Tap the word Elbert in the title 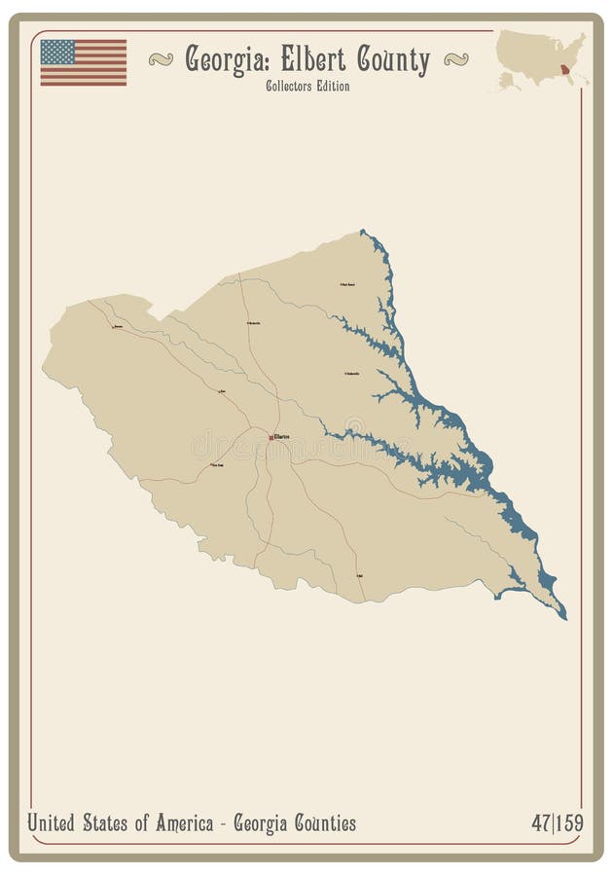click(x=312, y=60)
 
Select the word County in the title click(x=392, y=60)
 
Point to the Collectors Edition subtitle click(x=306, y=87)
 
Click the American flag click(x=84, y=62)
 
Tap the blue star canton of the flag click(x=57, y=52)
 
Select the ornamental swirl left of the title click(x=161, y=59)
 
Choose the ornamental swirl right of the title click(x=455, y=59)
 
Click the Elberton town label click(x=283, y=437)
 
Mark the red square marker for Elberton click(x=271, y=437)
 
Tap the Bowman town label click(x=118, y=327)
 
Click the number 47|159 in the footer click(x=557, y=823)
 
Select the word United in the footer click(x=54, y=823)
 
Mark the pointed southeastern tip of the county click(x=565, y=618)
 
